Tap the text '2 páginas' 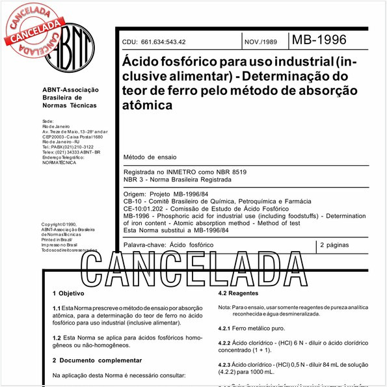(338, 246)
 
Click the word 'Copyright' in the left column (55, 224)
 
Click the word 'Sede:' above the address (47, 121)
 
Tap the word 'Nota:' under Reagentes (224, 306)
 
